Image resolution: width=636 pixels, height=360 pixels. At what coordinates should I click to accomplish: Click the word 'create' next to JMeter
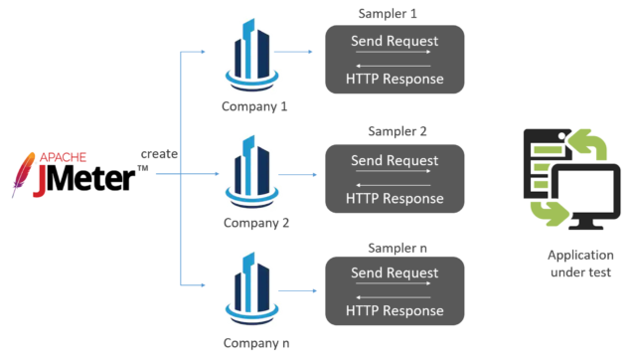(x=159, y=154)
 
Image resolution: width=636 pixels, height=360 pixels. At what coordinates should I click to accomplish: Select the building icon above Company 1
(x=254, y=56)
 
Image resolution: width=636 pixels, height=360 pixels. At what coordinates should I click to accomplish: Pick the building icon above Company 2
(x=254, y=175)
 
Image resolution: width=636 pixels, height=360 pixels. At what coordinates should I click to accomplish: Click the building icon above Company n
(x=254, y=290)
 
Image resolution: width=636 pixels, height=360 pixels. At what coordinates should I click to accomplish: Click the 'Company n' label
(x=255, y=342)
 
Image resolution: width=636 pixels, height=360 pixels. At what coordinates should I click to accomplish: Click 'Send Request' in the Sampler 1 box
(x=395, y=41)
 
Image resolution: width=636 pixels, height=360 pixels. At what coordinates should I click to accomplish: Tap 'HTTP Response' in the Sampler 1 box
(x=395, y=79)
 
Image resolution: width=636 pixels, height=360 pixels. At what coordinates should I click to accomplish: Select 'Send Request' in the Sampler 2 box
(x=395, y=160)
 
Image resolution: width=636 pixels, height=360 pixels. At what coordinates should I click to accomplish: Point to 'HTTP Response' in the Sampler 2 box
(x=395, y=198)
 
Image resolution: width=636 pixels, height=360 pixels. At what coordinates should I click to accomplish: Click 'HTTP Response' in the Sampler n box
(x=395, y=311)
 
